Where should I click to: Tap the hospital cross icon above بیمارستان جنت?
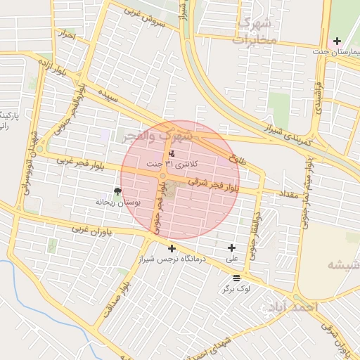(338, 41)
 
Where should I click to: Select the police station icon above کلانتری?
(173, 153)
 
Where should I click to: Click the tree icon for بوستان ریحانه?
(117, 191)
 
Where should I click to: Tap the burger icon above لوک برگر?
(236, 277)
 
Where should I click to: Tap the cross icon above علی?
(232, 247)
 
